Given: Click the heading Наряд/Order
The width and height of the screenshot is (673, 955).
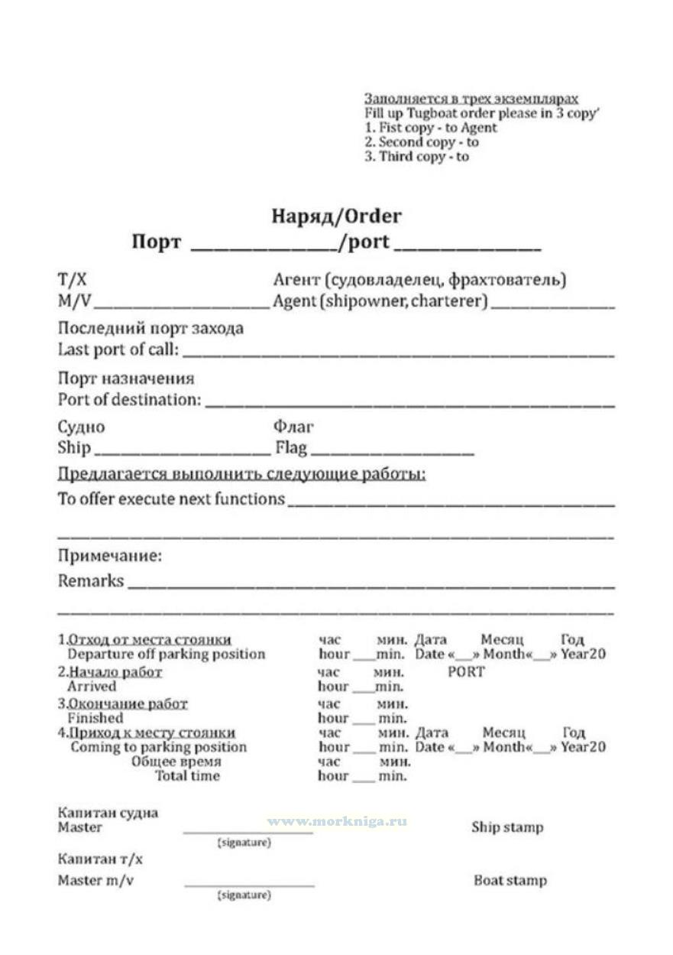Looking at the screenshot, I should click(x=336, y=216).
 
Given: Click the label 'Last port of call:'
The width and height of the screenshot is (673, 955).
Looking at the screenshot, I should click(x=119, y=349).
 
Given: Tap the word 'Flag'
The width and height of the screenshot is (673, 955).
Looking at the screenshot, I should click(x=291, y=447).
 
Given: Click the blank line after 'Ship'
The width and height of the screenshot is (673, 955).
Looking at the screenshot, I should click(x=180, y=452).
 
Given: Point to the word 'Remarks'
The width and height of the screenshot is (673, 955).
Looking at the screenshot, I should click(x=91, y=580).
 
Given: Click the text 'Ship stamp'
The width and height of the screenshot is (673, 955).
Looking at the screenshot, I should click(x=507, y=827).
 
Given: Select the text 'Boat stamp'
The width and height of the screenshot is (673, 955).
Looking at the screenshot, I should click(x=510, y=880).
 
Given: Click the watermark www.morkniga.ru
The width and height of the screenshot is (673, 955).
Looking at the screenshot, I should click(x=337, y=821).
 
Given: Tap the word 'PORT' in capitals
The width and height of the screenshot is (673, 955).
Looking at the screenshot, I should click(x=466, y=671).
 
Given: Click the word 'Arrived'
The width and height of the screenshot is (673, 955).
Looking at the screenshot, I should click(x=92, y=686).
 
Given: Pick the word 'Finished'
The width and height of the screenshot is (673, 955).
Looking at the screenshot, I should click(x=95, y=718).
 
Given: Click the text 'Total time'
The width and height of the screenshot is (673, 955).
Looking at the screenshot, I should click(x=187, y=775).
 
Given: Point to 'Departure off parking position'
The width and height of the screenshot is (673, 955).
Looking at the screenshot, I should click(x=167, y=654).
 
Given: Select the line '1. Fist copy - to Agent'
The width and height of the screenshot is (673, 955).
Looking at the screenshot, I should click(x=430, y=128).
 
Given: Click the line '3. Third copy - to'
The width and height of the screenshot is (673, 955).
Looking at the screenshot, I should click(x=416, y=157).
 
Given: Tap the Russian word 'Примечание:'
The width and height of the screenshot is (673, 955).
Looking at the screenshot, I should click(x=110, y=556).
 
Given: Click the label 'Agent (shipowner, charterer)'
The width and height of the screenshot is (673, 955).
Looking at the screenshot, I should click(x=380, y=300).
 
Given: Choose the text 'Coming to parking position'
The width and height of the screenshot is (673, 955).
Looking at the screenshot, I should click(x=158, y=746).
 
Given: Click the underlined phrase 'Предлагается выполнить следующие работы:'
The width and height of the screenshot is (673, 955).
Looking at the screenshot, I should click(x=241, y=474).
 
